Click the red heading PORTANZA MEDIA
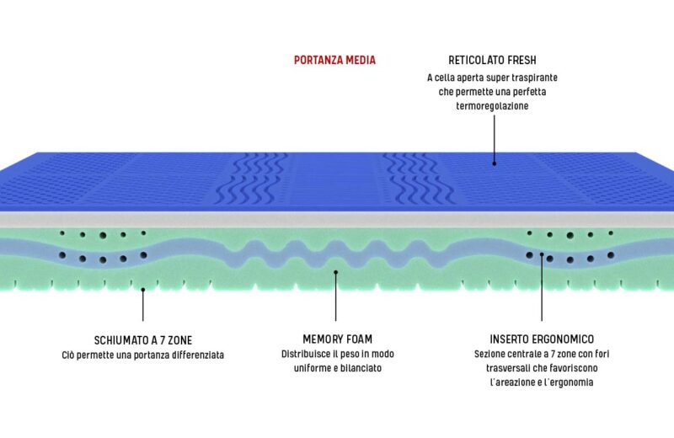pos(334,60)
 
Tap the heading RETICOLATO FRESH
pos(493,61)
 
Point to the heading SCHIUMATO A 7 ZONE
pos(143,340)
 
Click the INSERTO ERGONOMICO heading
pos(541,340)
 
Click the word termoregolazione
pos(493,107)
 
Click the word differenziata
pos(195,355)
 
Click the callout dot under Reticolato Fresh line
pos(494,163)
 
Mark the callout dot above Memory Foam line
pos(335,271)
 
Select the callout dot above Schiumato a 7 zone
pos(143,289)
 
